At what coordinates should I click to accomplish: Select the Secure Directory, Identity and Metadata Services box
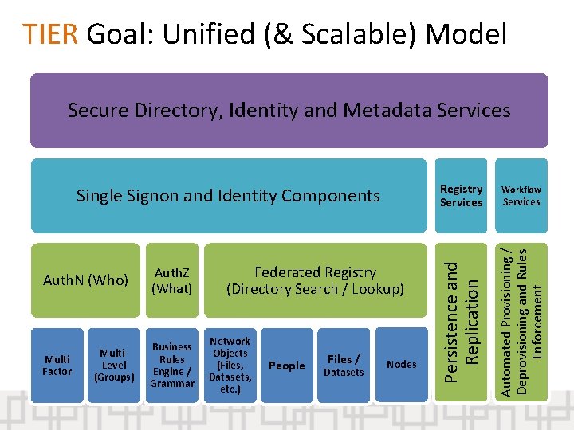pyautogui.click(x=289, y=111)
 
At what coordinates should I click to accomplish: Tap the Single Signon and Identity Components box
pyautogui.click(x=228, y=195)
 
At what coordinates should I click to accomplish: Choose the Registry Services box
pyautogui.click(x=461, y=195)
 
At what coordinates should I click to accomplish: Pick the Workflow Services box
pyautogui.click(x=521, y=195)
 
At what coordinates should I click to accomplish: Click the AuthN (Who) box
pyautogui.click(x=85, y=280)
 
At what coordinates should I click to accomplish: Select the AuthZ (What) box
pyautogui.click(x=172, y=280)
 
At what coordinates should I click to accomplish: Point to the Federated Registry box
pyautogui.click(x=316, y=280)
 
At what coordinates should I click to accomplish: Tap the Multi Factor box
pyautogui.click(x=57, y=365)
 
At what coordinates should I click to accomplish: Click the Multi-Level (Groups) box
pyautogui.click(x=114, y=365)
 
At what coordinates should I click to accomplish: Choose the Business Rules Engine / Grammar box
pyautogui.click(x=172, y=365)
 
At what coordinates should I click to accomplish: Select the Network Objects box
pyautogui.click(x=230, y=365)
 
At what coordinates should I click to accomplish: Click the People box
pyautogui.click(x=287, y=365)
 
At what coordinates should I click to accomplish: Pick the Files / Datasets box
pyautogui.click(x=344, y=365)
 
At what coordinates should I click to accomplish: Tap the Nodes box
pyautogui.click(x=401, y=365)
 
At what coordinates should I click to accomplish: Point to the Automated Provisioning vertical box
pyautogui.click(x=521, y=317)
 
